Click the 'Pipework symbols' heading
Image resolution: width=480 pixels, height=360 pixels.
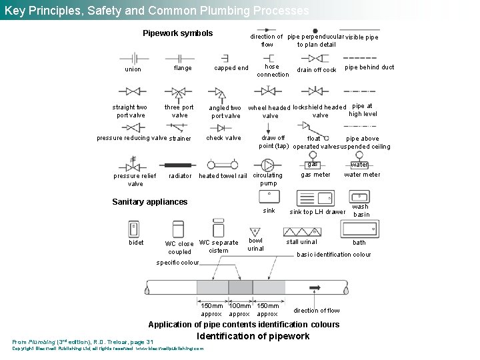coord(178,33)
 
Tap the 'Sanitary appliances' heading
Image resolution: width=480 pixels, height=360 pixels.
coord(150,202)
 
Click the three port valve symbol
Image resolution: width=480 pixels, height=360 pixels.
coord(179,92)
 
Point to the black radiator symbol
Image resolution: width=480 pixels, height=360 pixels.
coord(179,165)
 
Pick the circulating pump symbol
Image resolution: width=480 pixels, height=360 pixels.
coord(268,164)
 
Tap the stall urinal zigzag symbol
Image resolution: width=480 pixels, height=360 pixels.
coord(301,231)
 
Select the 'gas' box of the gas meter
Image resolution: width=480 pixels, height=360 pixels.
coord(313,165)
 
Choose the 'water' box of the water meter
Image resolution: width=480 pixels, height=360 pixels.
coord(359,165)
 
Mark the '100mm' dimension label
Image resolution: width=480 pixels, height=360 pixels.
coord(239,306)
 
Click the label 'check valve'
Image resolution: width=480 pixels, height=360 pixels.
coord(224,138)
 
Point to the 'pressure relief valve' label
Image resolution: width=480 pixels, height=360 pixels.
coord(135,180)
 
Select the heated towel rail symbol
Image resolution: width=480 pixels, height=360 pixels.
coord(223,164)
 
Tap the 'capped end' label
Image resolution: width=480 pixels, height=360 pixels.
coord(231,68)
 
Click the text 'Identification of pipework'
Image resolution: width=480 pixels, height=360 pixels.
coord(253,337)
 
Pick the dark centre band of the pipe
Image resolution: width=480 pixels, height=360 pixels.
coord(240,287)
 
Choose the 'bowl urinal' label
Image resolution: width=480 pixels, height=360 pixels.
coord(256,245)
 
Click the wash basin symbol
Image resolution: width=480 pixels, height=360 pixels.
coord(360,197)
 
